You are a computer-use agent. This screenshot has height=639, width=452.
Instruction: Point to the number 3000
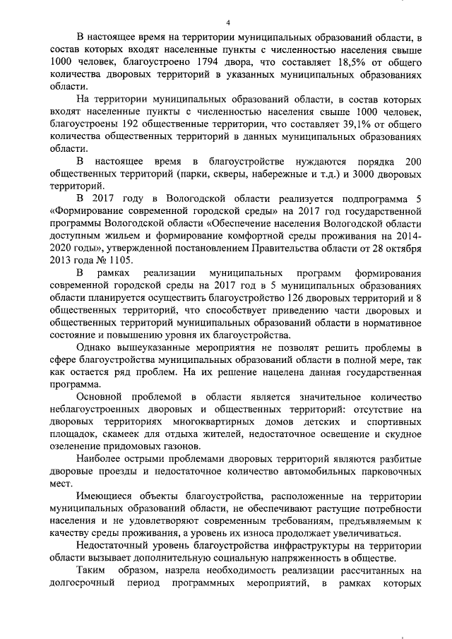click(x=354, y=174)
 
